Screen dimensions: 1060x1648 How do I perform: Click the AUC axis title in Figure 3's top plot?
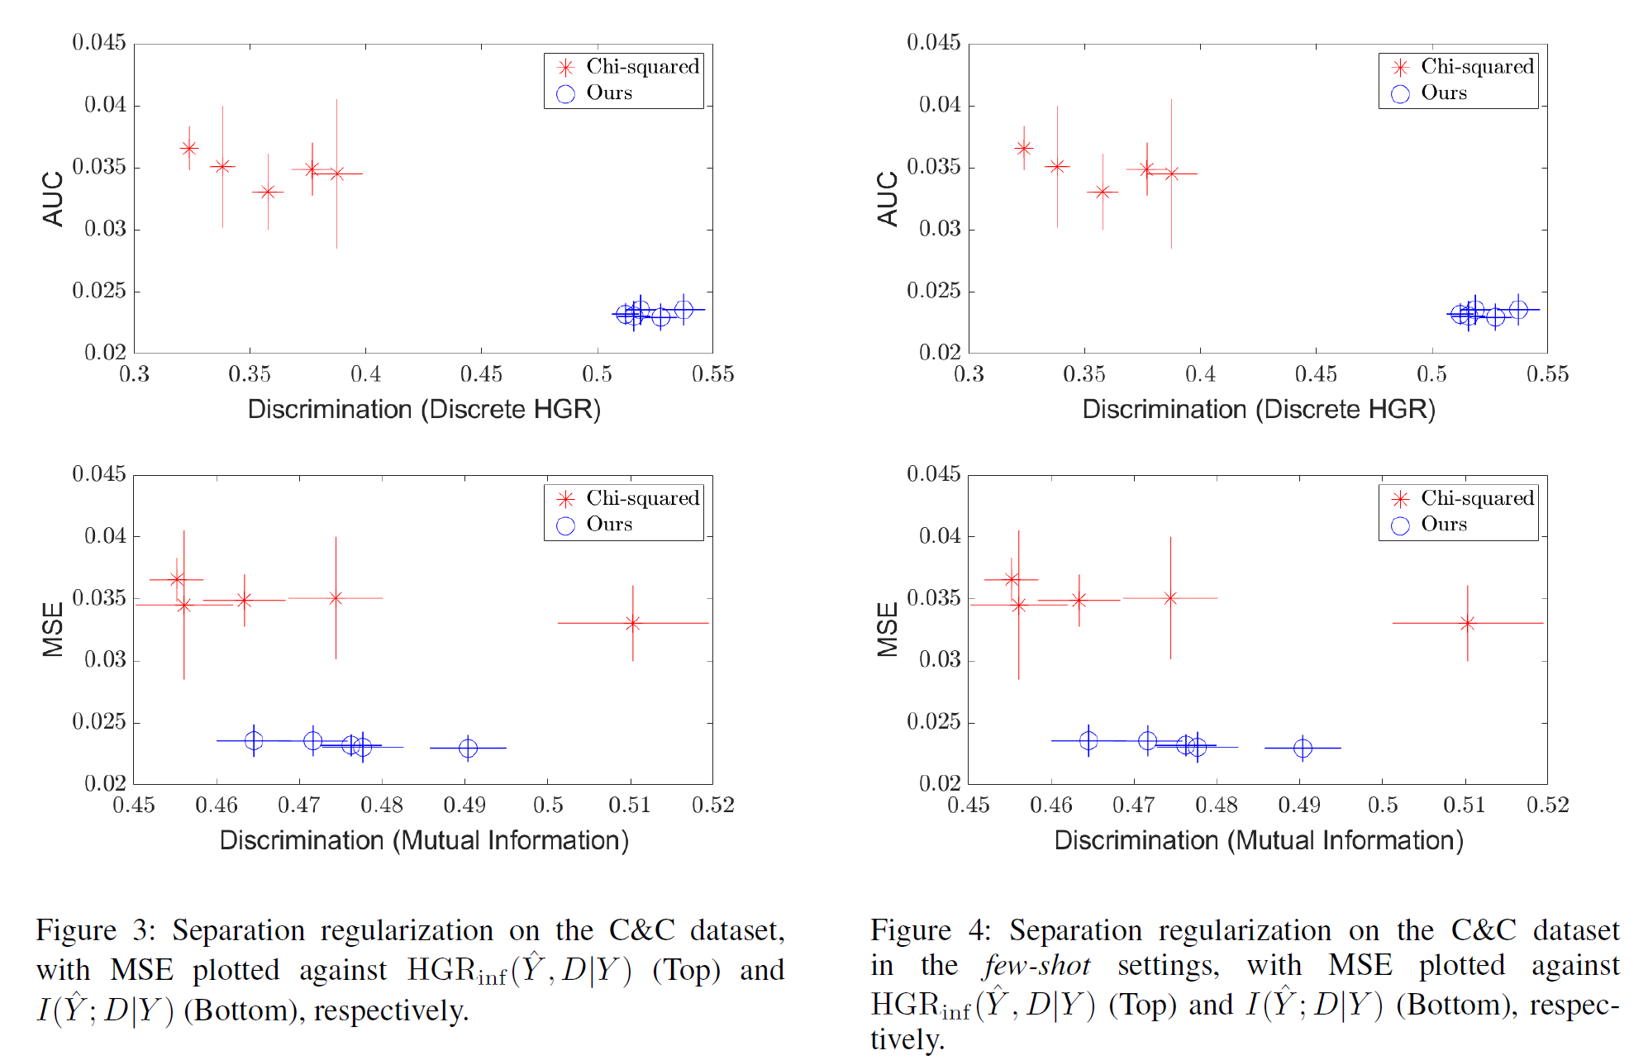tap(53, 198)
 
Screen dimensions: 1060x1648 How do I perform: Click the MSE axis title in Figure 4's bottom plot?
tap(888, 630)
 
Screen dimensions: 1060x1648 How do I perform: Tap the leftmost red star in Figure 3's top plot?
tap(189, 149)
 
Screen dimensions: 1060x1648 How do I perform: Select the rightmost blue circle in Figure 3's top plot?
tap(683, 310)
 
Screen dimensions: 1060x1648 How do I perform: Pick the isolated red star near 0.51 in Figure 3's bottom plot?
tap(633, 623)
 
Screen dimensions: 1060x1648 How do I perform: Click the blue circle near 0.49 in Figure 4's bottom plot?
tap(1303, 748)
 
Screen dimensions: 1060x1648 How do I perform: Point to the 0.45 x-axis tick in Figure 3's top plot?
tap(481, 374)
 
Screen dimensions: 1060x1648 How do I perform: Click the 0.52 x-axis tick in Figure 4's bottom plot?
tap(1547, 806)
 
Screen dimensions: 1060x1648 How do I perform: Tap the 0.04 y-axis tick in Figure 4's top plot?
tap(940, 105)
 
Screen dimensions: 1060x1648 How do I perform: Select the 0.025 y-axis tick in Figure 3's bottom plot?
tap(99, 722)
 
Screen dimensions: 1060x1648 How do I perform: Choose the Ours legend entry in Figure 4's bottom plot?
tap(1443, 525)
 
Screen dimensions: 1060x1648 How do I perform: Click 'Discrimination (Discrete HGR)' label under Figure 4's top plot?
tap(1258, 410)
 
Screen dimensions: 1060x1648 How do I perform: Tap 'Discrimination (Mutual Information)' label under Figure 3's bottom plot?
tap(424, 841)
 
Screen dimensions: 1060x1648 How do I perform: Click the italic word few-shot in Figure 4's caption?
tap(1037, 966)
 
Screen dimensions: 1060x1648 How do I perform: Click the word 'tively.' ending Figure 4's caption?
tap(907, 1039)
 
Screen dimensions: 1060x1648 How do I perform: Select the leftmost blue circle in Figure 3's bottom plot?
tap(254, 741)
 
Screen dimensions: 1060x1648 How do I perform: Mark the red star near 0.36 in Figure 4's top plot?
tap(1103, 192)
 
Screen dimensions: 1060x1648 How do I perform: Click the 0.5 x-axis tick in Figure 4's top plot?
tap(1431, 374)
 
